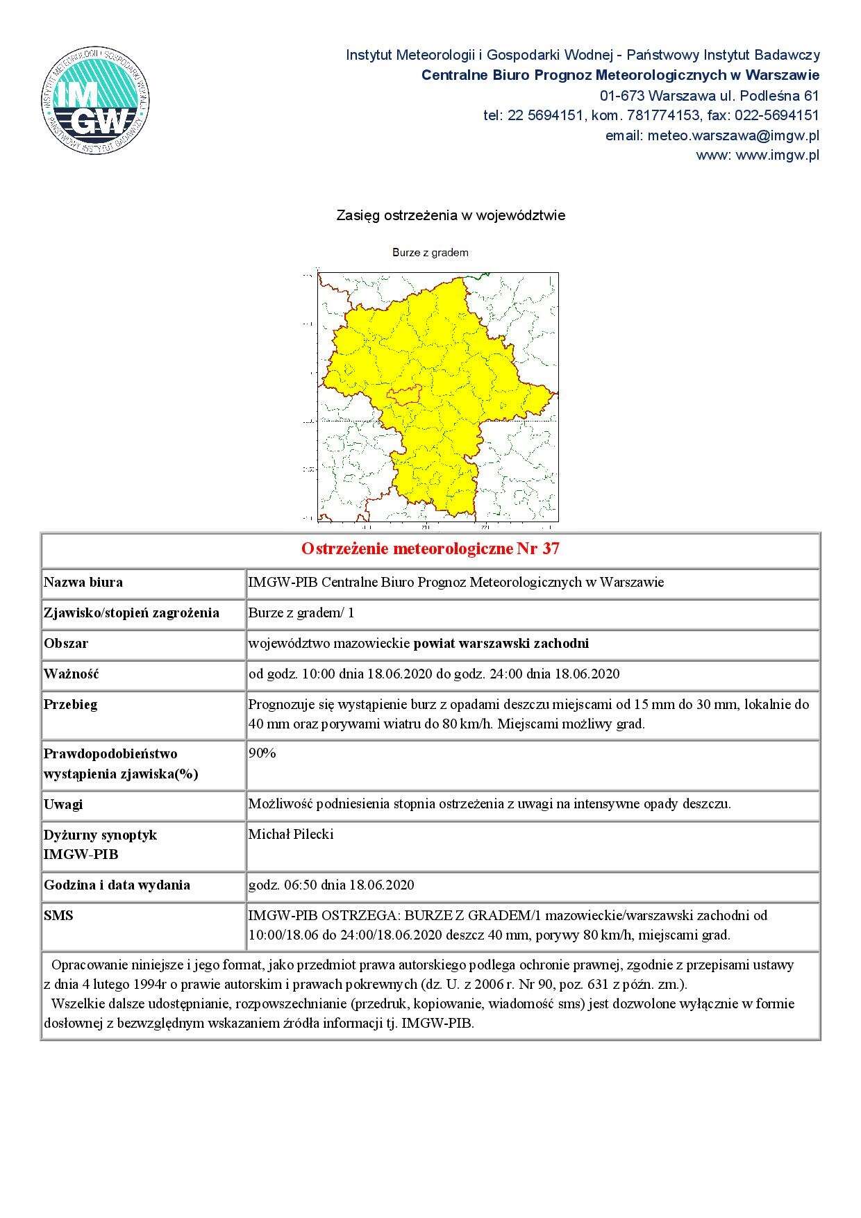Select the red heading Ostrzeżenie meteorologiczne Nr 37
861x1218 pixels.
[x=430, y=549]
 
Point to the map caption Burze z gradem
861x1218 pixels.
[x=430, y=253]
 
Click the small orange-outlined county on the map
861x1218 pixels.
[x=404, y=394]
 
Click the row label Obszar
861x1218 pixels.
[x=66, y=643]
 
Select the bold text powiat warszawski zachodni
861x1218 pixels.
[x=501, y=643]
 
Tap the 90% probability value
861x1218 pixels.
[x=262, y=753]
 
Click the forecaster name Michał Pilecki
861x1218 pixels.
[x=291, y=835]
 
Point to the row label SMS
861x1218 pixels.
[x=58, y=916]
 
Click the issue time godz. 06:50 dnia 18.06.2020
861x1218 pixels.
[x=331, y=885]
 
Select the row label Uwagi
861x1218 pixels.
[x=63, y=804]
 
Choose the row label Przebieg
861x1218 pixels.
[x=70, y=704]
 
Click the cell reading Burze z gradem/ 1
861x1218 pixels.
[x=301, y=612]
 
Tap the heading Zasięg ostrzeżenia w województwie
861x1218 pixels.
[x=451, y=215]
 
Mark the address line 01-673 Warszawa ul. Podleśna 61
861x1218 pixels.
[x=709, y=95]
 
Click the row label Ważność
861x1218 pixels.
[x=72, y=674]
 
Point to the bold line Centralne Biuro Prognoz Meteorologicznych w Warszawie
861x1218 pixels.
[x=620, y=75]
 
